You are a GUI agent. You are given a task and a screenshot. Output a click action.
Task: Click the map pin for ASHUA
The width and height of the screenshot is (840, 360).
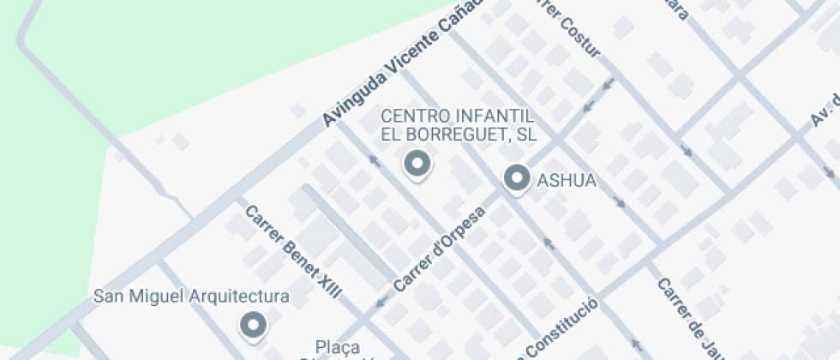[x=516, y=178]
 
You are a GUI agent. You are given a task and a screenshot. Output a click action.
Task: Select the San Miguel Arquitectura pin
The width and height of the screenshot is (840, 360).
[x=252, y=324]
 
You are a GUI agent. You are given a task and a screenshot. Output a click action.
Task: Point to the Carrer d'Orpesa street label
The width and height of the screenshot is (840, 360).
[x=440, y=247]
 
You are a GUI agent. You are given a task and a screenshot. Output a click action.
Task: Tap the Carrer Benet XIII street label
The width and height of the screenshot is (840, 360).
[x=293, y=252]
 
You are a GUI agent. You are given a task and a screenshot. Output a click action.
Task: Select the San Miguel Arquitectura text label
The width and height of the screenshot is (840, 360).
[x=190, y=297]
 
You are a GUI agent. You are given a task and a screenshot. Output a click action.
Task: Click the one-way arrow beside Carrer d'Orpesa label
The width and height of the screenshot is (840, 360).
[x=381, y=301]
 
